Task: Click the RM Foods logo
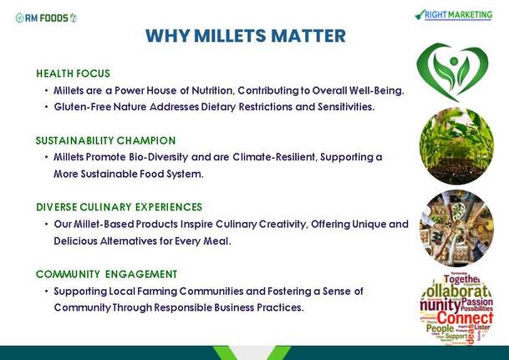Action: (x=46, y=18)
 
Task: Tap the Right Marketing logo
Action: (x=454, y=15)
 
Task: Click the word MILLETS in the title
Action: (x=231, y=36)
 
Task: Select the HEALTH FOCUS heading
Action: (x=73, y=74)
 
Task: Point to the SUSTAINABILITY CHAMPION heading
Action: (x=106, y=141)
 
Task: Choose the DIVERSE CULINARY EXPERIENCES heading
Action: (x=120, y=207)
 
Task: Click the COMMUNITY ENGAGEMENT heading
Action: (x=106, y=274)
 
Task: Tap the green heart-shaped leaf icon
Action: (x=452, y=72)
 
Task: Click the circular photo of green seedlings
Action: (x=456, y=146)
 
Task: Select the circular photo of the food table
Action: (x=456, y=228)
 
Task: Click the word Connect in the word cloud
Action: (x=465, y=318)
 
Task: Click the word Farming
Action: (x=157, y=292)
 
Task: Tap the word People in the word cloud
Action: (x=440, y=328)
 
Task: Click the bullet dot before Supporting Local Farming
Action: (x=47, y=291)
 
